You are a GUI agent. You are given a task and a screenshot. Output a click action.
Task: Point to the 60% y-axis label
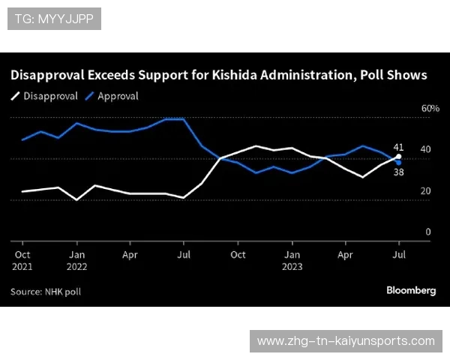[x=430, y=109]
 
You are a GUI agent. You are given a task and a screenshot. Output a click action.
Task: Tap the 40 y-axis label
[x=425, y=150]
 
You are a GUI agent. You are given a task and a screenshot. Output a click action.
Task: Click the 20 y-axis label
[x=425, y=191]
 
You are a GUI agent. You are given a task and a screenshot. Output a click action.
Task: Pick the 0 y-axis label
[x=428, y=232]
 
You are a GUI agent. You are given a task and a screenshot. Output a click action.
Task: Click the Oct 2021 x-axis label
[x=22, y=260]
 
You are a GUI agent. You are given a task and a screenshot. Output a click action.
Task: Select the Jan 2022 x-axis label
[x=76, y=260]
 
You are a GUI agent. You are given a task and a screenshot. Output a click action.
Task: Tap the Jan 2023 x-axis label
[x=292, y=260]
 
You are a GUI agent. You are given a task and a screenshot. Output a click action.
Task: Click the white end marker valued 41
[x=398, y=157]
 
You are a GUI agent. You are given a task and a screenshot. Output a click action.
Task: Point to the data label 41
[x=398, y=147]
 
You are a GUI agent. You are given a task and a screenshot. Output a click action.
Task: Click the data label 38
[x=398, y=172]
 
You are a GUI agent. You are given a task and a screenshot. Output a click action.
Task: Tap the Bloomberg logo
[x=411, y=290]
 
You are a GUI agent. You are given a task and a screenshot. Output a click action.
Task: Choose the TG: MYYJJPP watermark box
[x=54, y=19]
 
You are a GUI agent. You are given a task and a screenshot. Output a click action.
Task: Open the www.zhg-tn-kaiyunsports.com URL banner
[x=346, y=341]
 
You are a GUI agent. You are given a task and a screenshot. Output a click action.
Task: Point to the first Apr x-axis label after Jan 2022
[x=130, y=255]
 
